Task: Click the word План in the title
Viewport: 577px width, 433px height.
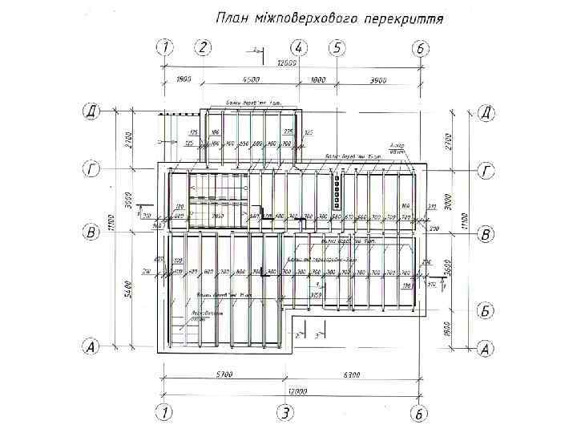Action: [234, 18]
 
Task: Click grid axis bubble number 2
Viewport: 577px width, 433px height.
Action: [204, 47]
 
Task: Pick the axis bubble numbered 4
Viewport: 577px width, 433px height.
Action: [298, 47]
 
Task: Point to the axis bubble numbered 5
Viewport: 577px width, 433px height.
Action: [337, 47]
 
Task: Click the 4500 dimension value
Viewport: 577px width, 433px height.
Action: [251, 79]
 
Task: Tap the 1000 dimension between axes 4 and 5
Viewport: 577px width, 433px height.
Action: [317, 79]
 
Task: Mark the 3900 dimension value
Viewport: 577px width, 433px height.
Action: [378, 79]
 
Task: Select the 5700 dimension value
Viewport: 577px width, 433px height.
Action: [224, 374]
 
